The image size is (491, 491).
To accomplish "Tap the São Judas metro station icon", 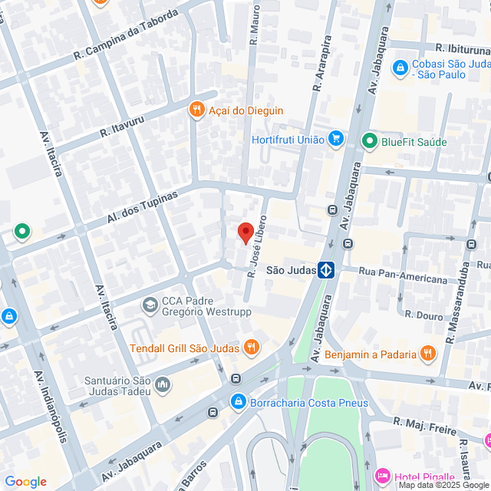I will (x=327, y=270).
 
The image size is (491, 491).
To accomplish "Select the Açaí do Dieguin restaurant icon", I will (x=197, y=110).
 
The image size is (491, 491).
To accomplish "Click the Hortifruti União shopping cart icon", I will (x=335, y=139).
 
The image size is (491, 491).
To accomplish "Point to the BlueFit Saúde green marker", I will (x=369, y=140).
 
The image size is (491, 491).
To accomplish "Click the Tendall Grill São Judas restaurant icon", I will (x=250, y=347).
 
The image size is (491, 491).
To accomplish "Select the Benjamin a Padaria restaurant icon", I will (x=427, y=354).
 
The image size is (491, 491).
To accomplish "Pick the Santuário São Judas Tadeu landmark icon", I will (x=162, y=384).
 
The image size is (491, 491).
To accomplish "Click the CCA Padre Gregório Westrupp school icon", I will (x=150, y=305).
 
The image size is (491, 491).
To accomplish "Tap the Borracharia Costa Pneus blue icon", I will (x=239, y=402).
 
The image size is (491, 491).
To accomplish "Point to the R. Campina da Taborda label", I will (x=126, y=35).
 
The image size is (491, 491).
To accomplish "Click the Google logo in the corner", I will (x=25, y=482).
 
